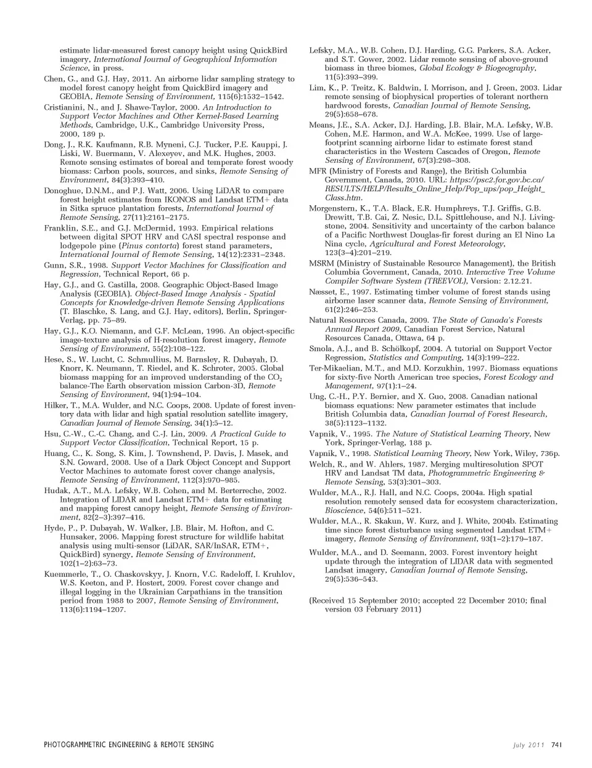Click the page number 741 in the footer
554,745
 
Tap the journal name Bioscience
343,510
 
